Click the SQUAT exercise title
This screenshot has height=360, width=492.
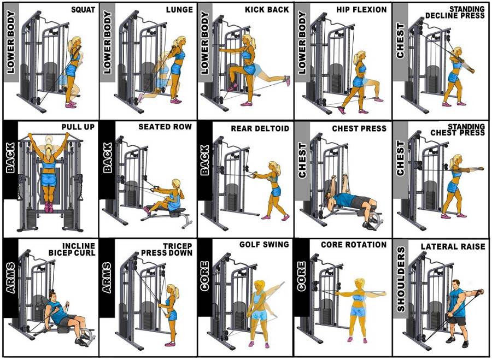(83, 10)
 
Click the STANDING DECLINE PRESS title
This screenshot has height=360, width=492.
(466, 12)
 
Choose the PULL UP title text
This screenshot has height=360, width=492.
(78, 127)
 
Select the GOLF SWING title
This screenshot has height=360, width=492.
(264, 244)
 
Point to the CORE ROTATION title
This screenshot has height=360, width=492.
(353, 244)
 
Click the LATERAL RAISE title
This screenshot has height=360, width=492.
(453, 247)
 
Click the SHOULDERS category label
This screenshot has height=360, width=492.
(401, 279)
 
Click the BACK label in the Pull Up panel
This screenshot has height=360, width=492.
(10, 159)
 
